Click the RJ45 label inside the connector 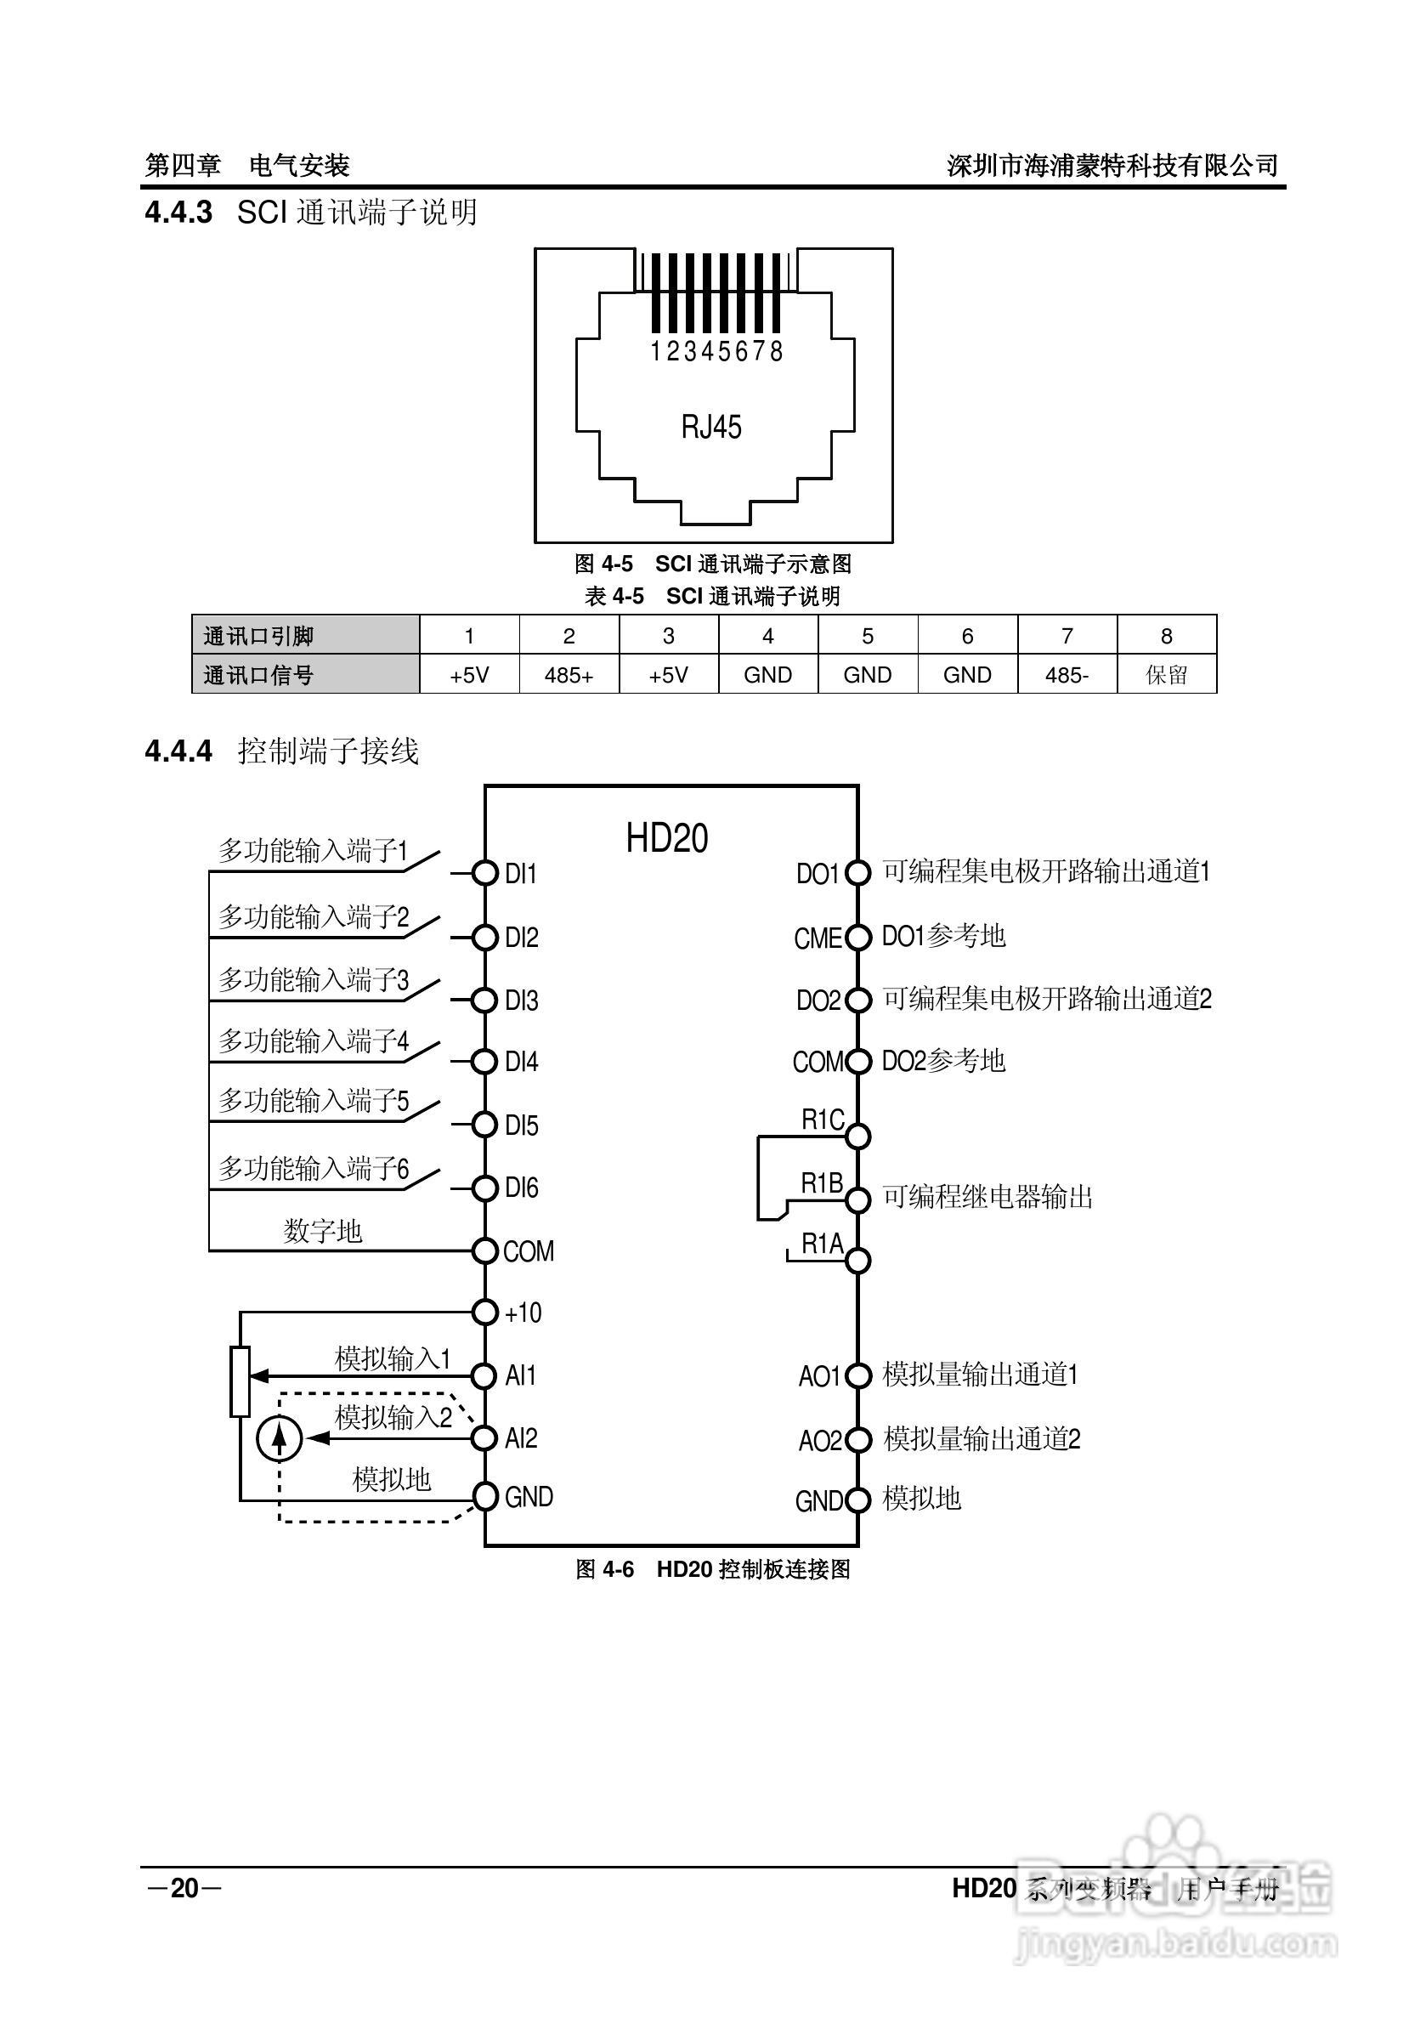[711, 428]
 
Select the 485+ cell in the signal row [569, 675]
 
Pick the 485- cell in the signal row [1067, 675]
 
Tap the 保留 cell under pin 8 [1166, 675]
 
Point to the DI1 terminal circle [484, 873]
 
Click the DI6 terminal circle [484, 1188]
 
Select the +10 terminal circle [484, 1312]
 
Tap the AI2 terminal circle [484, 1438]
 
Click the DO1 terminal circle [857, 873]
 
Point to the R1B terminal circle [857, 1199]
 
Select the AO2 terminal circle [857, 1439]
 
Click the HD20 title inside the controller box [666, 838]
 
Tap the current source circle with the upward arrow [280, 1438]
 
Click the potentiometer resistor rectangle [240, 1382]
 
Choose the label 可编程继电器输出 [987, 1197]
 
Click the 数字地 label [323, 1231]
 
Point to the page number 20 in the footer [185, 1888]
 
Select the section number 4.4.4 [179, 751]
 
